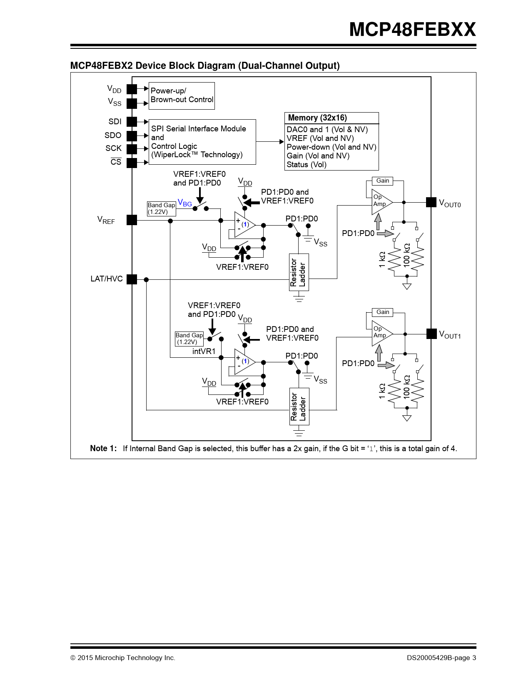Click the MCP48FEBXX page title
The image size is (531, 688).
pos(412,30)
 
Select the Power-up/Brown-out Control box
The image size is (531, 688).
pos(182,96)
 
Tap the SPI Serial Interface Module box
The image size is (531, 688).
pos(202,142)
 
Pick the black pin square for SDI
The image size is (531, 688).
pos(132,122)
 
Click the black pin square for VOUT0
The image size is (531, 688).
pos(431,202)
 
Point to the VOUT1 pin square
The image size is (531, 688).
pos(431,334)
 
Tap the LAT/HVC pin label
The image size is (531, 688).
pos(107,279)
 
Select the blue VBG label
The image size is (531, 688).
pos(184,203)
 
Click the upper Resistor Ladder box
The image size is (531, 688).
pos(299,272)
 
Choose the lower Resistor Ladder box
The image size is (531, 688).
pos(299,407)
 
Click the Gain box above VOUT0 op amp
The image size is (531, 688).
pos(383,181)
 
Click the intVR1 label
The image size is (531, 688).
pos(204,352)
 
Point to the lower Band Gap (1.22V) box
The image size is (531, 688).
pos(189,339)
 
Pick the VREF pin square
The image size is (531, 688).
pos(132,220)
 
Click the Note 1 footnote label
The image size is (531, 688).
pos(103,449)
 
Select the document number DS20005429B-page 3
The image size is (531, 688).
pos(441,658)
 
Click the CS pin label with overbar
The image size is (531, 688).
pos(116,162)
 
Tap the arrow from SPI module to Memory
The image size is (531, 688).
pos(270,142)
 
